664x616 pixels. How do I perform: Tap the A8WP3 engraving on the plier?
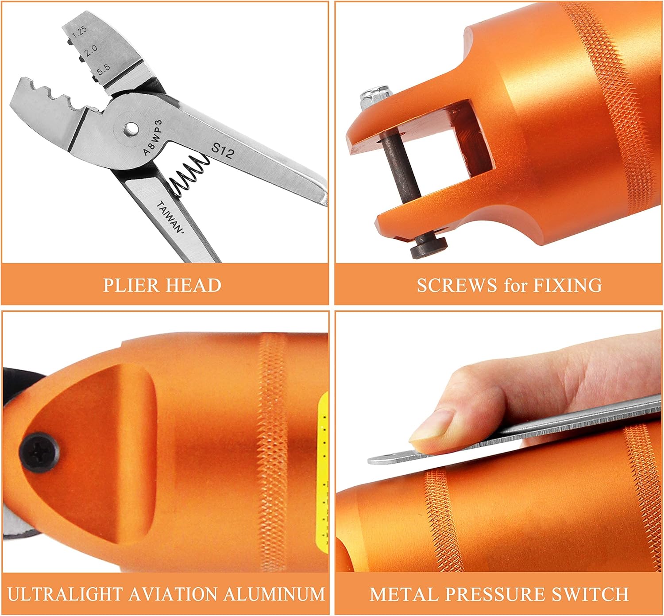coord(153,137)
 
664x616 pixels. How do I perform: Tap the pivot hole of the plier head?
coord(130,128)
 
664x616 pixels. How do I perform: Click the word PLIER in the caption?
coord(131,285)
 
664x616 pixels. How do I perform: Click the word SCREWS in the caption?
coord(456,285)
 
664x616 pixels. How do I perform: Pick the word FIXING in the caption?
coord(567,285)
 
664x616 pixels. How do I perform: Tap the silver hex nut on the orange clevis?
coord(375,95)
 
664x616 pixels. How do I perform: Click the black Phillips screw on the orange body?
coord(39,450)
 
